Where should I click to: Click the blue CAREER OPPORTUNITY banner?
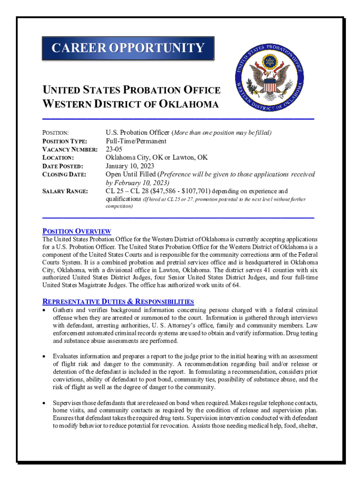(x=128, y=49)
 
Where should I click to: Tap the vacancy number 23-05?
(x=115, y=149)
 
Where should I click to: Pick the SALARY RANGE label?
(x=65, y=191)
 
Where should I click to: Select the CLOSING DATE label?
(x=65, y=174)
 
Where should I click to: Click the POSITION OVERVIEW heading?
(x=77, y=231)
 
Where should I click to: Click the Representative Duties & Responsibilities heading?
(x=118, y=302)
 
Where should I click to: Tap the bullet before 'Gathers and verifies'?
(x=44, y=311)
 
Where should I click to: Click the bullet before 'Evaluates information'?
(x=44, y=356)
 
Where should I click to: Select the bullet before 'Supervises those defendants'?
(x=44, y=403)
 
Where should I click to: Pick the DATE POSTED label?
(x=63, y=167)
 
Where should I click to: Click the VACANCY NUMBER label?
(x=70, y=150)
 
